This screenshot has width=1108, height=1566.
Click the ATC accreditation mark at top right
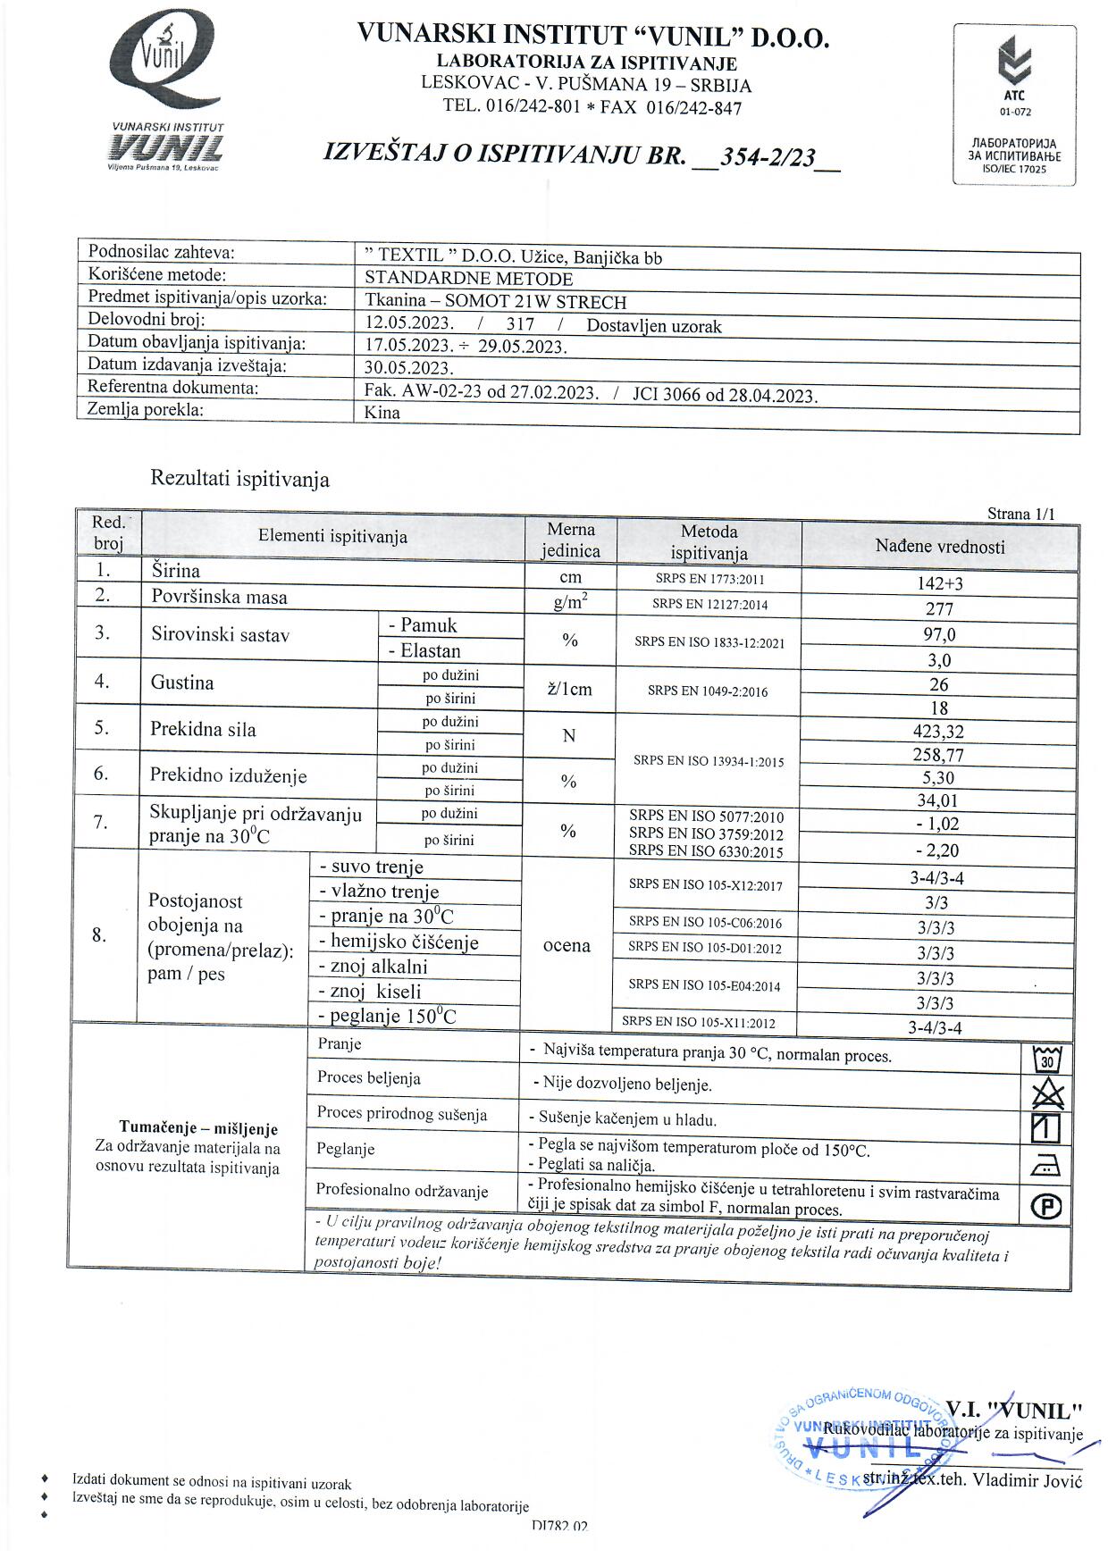point(1014,76)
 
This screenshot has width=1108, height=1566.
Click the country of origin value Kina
point(382,413)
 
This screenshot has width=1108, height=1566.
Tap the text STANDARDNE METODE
point(468,279)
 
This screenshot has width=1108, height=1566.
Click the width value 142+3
point(939,583)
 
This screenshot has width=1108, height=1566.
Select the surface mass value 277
point(939,609)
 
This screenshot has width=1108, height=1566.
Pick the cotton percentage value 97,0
point(939,634)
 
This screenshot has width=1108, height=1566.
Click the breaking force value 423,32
point(938,732)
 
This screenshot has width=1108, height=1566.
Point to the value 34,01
point(938,800)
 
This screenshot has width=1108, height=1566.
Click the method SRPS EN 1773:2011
point(709,579)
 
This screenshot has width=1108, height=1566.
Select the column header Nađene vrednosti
point(939,547)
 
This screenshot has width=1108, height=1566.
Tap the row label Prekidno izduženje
point(228,775)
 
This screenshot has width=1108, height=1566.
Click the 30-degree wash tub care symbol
point(1046,1059)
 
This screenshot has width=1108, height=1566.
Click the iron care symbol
point(1046,1165)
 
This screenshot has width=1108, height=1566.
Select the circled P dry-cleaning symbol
point(1046,1207)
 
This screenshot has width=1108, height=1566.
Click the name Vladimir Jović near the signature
point(1027,1480)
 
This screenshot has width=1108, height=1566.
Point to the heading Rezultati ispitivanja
point(239,479)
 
